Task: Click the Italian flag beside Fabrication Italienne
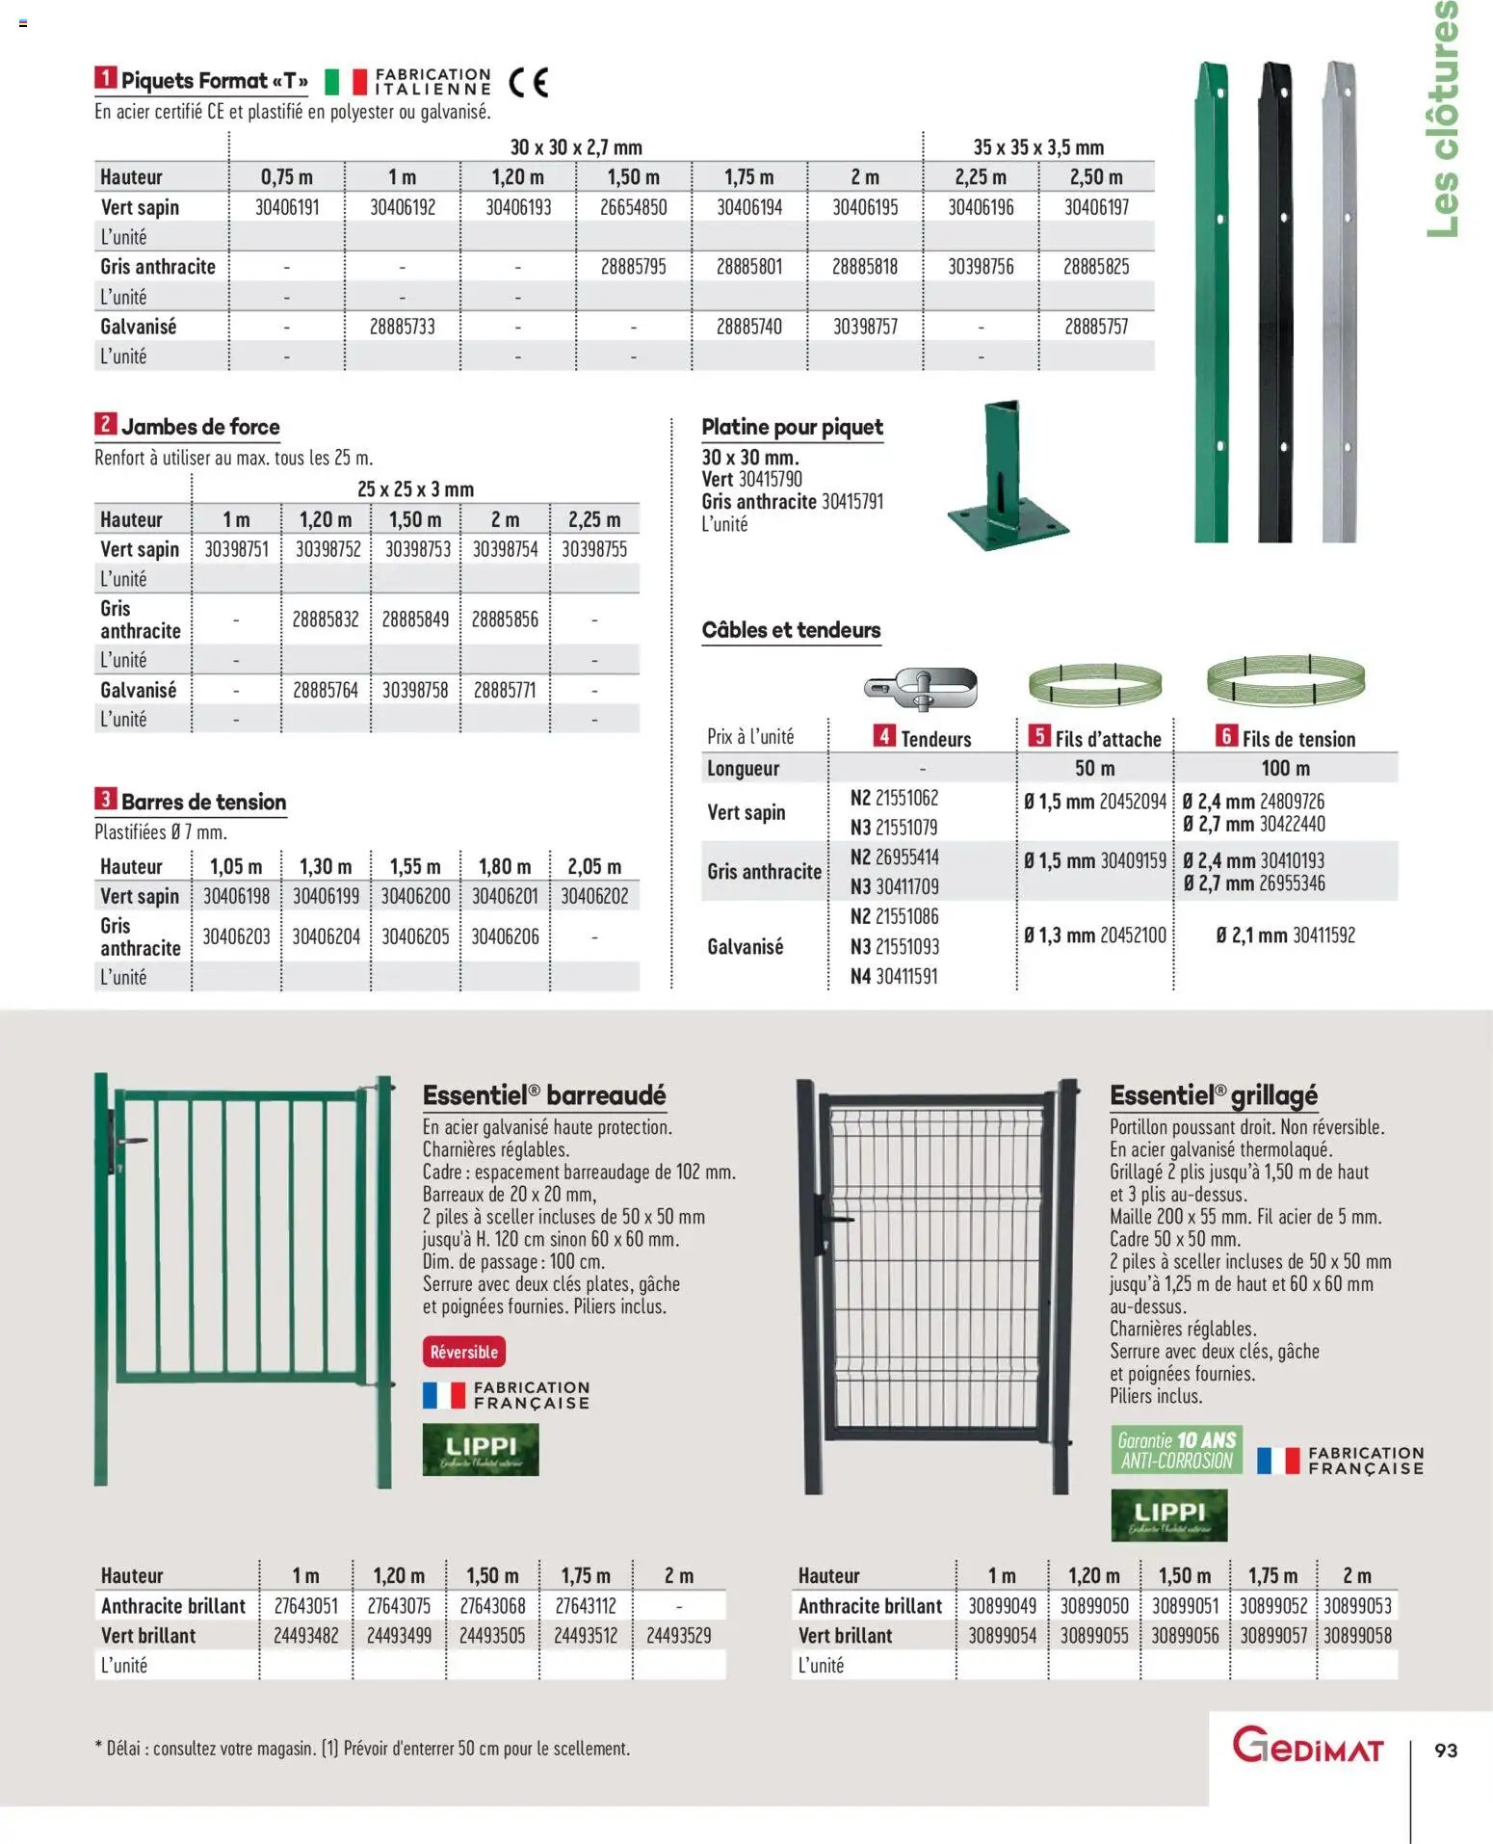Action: coord(346,82)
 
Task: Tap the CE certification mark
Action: coord(528,83)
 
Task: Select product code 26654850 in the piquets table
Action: coord(633,207)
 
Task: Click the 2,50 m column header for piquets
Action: coord(1096,177)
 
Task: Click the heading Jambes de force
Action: coord(200,427)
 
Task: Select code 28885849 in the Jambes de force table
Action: coord(415,619)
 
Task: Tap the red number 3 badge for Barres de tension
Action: coord(105,800)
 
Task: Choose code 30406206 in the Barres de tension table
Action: coord(505,936)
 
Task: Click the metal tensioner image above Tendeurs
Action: coord(921,688)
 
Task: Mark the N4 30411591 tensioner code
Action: coord(894,976)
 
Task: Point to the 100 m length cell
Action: coord(1285,769)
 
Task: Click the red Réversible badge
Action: coord(463,1352)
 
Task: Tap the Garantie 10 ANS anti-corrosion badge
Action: coord(1176,1450)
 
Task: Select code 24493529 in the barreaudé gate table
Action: coord(679,1636)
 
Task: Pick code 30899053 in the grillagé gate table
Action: coord(1357,1606)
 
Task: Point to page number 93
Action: coord(1446,1751)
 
